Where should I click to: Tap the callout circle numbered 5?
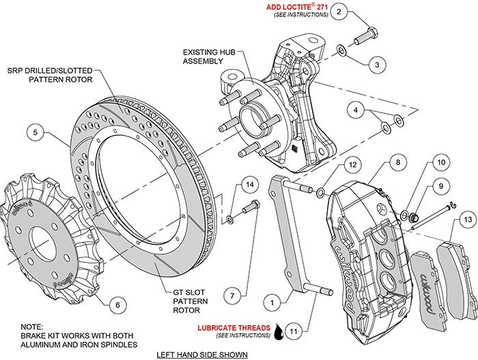(x=39, y=131)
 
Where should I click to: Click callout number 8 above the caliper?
(x=377, y=164)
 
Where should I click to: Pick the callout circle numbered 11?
(x=292, y=333)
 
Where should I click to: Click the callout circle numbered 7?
(x=233, y=296)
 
